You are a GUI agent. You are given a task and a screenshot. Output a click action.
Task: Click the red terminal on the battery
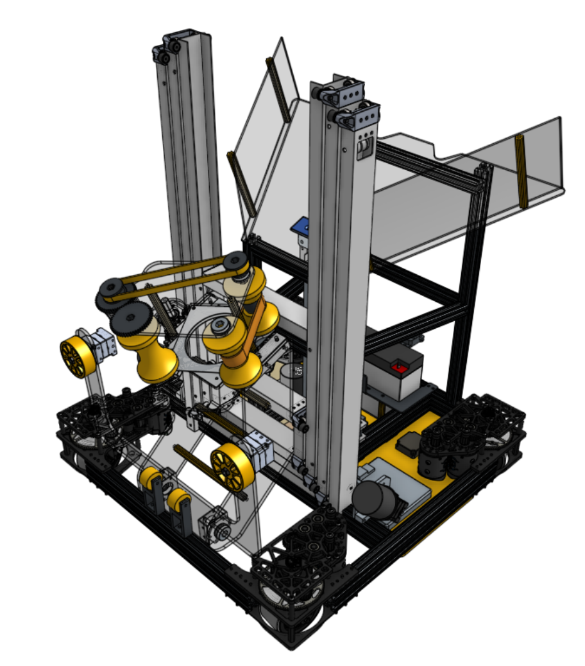[x=400, y=368]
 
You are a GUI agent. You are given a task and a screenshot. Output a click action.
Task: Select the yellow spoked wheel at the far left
[x=76, y=359]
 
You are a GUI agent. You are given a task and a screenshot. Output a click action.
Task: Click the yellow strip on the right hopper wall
[x=521, y=171]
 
